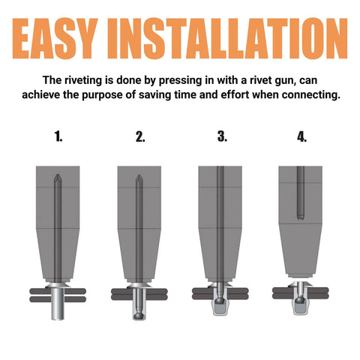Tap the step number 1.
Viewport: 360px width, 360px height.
coord(58,136)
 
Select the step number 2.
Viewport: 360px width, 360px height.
coord(140,136)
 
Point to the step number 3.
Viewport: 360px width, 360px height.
coord(221,136)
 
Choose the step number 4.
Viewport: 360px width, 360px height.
coord(302,136)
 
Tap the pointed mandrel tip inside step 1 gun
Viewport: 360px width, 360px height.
coord(58,181)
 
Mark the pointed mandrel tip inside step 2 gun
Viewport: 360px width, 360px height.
coord(139,181)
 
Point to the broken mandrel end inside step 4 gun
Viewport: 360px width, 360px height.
coord(301,216)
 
